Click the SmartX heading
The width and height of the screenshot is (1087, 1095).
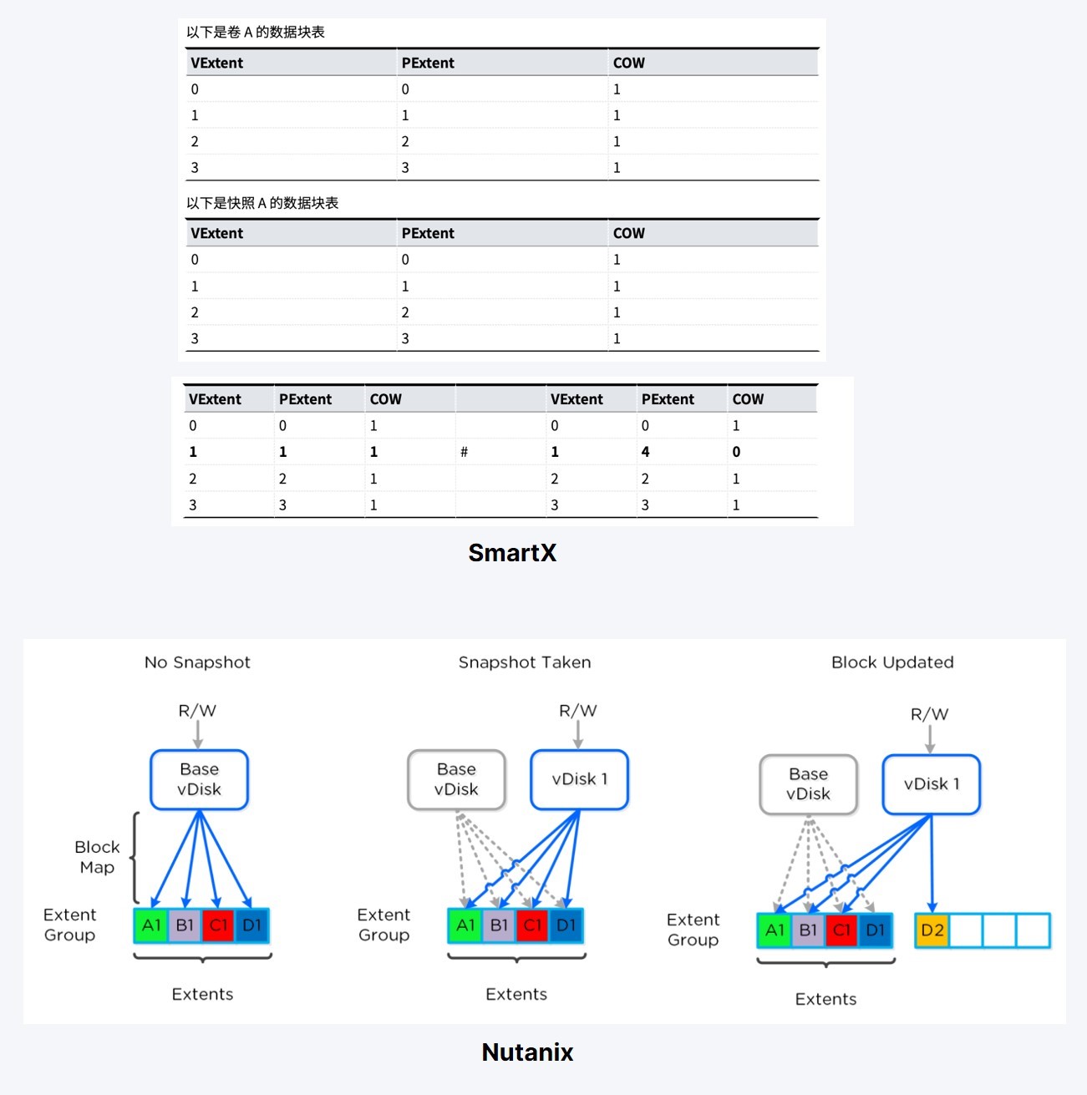point(512,553)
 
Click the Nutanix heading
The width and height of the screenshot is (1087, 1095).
point(527,1052)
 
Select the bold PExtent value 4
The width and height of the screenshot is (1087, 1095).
point(645,452)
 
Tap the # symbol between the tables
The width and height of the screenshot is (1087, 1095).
point(464,452)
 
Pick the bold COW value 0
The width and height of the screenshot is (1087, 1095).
point(736,452)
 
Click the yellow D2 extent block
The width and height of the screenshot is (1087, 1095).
point(932,930)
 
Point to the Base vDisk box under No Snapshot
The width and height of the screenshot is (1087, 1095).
point(199,779)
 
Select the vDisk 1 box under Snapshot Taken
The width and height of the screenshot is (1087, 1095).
point(579,779)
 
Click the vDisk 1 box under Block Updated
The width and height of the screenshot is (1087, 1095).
point(931,784)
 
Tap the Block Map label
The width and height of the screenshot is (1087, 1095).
point(97,857)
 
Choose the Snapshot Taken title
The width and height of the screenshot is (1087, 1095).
point(525,662)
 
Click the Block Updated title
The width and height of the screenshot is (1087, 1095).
point(892,662)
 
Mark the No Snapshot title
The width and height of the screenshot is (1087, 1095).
point(197,662)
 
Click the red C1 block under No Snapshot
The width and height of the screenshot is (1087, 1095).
point(218,925)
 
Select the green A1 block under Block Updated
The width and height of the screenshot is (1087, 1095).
point(775,930)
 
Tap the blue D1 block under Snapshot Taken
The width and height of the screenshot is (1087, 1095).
point(566,925)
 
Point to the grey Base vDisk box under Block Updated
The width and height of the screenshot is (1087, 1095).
point(808,784)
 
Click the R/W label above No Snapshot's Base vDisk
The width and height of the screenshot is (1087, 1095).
point(197,711)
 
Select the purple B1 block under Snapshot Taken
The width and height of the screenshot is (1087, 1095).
point(499,925)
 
